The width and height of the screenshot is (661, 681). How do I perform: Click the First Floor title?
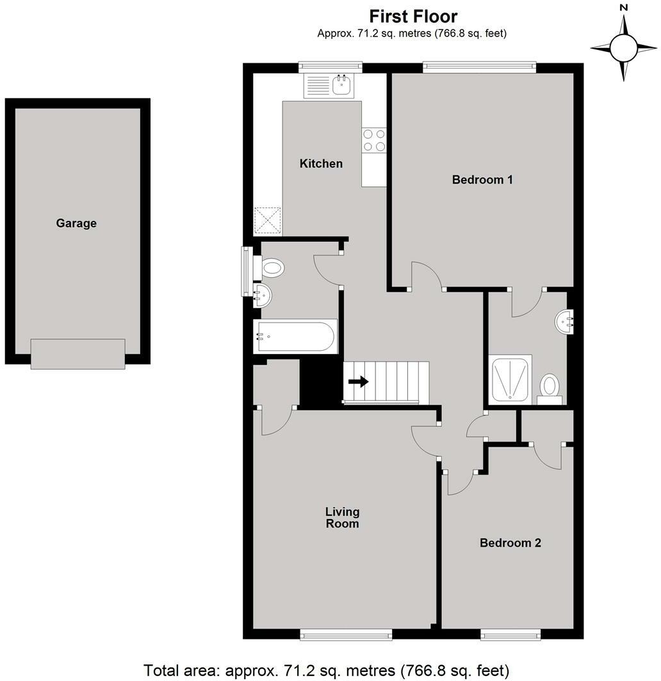(x=413, y=16)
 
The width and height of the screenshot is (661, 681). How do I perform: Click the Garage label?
(x=76, y=223)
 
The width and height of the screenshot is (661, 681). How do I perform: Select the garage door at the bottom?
(x=78, y=354)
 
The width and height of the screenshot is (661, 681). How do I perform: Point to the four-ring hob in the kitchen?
(x=374, y=141)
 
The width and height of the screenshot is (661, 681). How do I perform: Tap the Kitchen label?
(x=321, y=164)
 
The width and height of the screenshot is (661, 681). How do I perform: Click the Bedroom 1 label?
(x=482, y=180)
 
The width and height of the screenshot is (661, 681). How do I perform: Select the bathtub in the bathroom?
(x=295, y=337)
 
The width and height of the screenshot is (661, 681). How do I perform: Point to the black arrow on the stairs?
(x=359, y=382)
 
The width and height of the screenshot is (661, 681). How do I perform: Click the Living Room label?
(x=342, y=518)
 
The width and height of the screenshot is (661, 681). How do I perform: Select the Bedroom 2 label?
(x=510, y=543)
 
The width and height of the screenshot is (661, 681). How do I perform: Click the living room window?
(x=345, y=634)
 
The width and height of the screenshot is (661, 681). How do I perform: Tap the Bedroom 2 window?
(x=510, y=634)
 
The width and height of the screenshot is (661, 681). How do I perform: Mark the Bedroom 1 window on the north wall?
(x=479, y=65)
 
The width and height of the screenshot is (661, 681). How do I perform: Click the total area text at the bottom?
(x=327, y=671)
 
